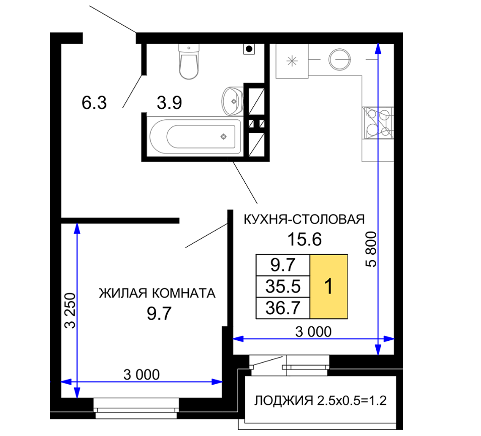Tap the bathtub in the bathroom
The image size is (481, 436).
pyautogui.click(x=195, y=136)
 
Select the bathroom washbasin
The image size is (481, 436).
pyautogui.click(x=232, y=101)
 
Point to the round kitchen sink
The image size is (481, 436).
pyautogui.click(x=339, y=59)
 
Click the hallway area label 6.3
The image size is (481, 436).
pyautogui.click(x=94, y=103)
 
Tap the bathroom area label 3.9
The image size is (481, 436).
pyautogui.click(x=169, y=103)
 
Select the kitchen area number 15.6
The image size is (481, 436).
pyautogui.click(x=304, y=239)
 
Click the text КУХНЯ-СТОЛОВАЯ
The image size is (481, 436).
pyautogui.click(x=304, y=220)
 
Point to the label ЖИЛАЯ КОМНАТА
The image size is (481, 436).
pyautogui.click(x=157, y=294)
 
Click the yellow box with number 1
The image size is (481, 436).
pyautogui.click(x=328, y=286)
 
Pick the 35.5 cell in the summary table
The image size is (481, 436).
pyautogui.click(x=283, y=286)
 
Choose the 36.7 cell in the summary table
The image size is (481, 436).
pyautogui.click(x=283, y=308)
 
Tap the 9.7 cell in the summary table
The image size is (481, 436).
pyautogui.click(x=283, y=265)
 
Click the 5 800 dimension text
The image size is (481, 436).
pyautogui.click(x=371, y=249)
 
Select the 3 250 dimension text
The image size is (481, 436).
pyautogui.click(x=70, y=311)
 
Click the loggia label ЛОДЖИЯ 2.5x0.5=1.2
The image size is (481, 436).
pyautogui.click(x=320, y=400)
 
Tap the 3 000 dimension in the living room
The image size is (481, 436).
pyautogui.click(x=142, y=375)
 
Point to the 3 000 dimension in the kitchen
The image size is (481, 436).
pyautogui.click(x=313, y=331)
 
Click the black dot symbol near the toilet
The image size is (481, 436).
pyautogui.click(x=249, y=49)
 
